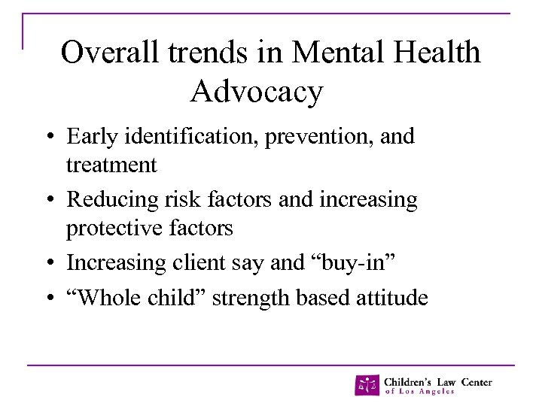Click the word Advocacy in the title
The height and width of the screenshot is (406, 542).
257,92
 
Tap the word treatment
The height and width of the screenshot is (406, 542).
111,165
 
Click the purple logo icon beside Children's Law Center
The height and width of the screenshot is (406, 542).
367,385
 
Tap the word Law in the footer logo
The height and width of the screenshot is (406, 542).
443,381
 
